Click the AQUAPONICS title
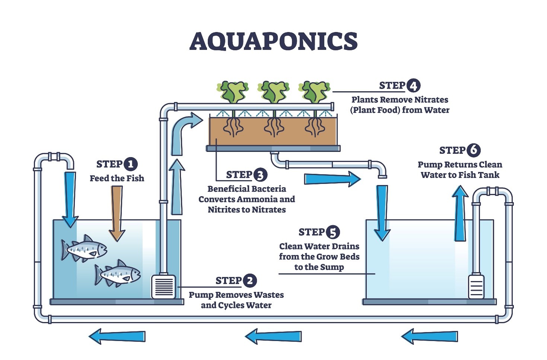click(x=273, y=41)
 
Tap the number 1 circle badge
click(x=130, y=164)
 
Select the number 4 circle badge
click(x=413, y=86)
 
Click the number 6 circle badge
click(x=473, y=150)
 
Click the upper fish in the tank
click(x=84, y=248)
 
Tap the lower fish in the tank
click(x=117, y=274)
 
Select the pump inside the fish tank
click(x=163, y=287)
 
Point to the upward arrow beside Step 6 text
click(x=460, y=214)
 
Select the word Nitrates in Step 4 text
click(x=432, y=100)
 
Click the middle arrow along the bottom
click(x=274, y=336)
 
